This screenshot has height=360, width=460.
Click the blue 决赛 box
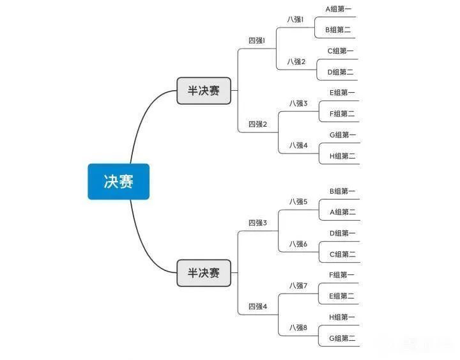(119, 182)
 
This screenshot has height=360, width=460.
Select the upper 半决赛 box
(204, 91)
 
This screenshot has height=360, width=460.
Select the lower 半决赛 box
(204, 273)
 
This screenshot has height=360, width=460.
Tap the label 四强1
(257, 40)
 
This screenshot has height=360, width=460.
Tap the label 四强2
(258, 124)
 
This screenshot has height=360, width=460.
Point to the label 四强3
(258, 223)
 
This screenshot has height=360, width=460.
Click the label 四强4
(258, 306)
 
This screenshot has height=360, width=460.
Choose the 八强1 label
(295, 19)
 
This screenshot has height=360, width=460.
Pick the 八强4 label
(298, 145)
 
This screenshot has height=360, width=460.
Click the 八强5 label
(298, 201)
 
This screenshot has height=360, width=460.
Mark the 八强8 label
(298, 327)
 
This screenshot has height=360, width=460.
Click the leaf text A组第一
(338, 9)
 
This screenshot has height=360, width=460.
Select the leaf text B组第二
(338, 29)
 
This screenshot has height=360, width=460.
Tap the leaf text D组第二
(341, 72)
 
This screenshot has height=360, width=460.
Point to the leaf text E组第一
(342, 93)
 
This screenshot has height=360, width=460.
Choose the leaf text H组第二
(342, 156)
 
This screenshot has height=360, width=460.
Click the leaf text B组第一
(342, 191)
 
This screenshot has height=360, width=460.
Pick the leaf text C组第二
(342, 254)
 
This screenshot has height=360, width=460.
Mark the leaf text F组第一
(342, 275)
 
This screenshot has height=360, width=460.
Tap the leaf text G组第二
(342, 338)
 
